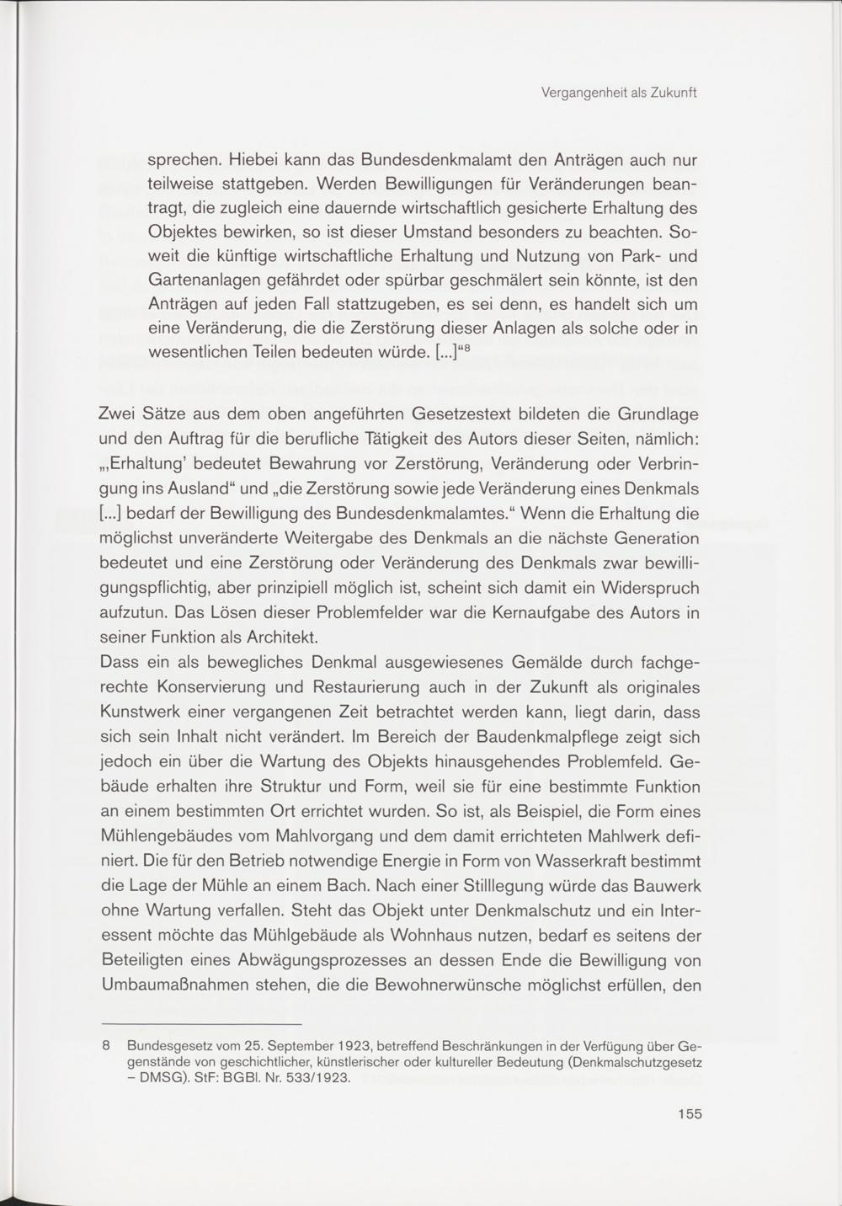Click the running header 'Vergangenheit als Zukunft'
pyautogui.click(x=620, y=93)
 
